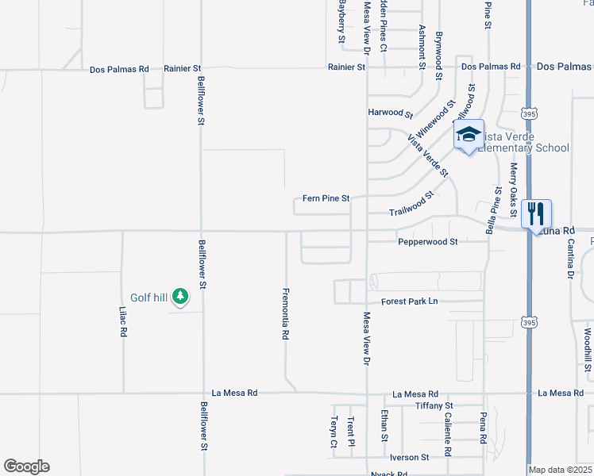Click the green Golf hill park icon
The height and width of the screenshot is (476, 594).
tap(181, 297)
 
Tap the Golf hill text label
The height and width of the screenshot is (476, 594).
tap(149, 297)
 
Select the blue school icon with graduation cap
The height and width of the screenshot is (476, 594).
tap(469, 135)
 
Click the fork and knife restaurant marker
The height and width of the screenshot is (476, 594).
tap(536, 213)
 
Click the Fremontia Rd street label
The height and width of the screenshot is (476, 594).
tap(285, 313)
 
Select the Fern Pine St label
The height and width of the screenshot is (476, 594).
tap(326, 198)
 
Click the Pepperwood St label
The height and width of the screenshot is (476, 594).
tap(428, 241)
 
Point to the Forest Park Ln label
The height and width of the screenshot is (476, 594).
tap(409, 301)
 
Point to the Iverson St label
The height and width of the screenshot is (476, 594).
tap(409, 458)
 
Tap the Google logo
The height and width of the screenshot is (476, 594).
tap(26, 466)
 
